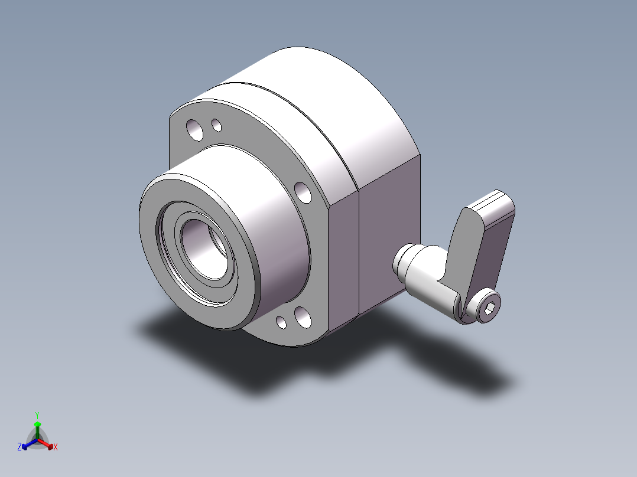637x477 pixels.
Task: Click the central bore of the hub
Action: pyautogui.click(x=204, y=249)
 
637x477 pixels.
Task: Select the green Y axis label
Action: pyautogui.click(x=37, y=415)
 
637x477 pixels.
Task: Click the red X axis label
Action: pyautogui.click(x=56, y=447)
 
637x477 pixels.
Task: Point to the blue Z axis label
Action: pyautogui.click(x=19, y=447)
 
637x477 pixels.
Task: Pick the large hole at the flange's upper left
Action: pyautogui.click(x=194, y=130)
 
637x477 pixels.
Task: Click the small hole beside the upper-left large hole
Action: pyautogui.click(x=217, y=125)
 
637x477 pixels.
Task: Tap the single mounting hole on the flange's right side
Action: pyautogui.click(x=303, y=192)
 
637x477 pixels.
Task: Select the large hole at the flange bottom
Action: pyautogui.click(x=303, y=317)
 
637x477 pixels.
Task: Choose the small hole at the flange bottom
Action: pyautogui.click(x=281, y=322)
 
